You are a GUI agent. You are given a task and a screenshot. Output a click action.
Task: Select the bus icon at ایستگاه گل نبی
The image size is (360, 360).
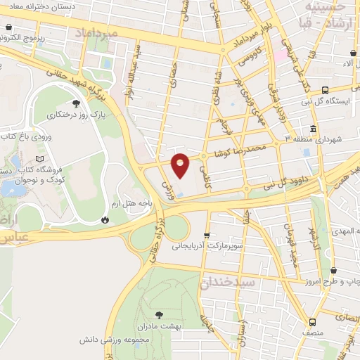(x=325, y=90)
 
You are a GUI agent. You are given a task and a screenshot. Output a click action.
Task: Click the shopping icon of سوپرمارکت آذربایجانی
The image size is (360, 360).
(x=206, y=236)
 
